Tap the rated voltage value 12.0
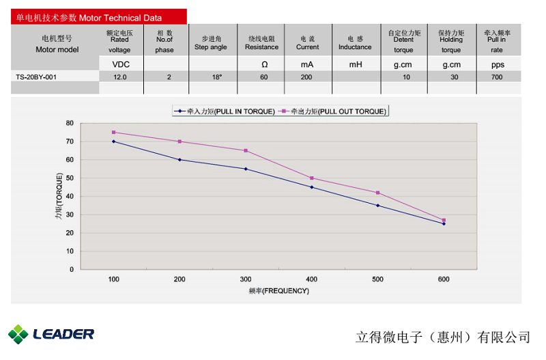click(x=120, y=77)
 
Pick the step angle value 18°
click(x=217, y=77)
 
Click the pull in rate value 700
click(x=497, y=77)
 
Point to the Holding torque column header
click(x=451, y=40)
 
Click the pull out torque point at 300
click(x=246, y=150)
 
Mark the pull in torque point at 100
click(x=114, y=141)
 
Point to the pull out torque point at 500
click(x=377, y=193)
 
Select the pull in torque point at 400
click(x=312, y=187)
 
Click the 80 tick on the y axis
click(x=70, y=123)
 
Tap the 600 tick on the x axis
click(x=444, y=279)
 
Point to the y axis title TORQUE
click(x=59, y=196)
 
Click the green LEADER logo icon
click(x=18, y=334)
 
